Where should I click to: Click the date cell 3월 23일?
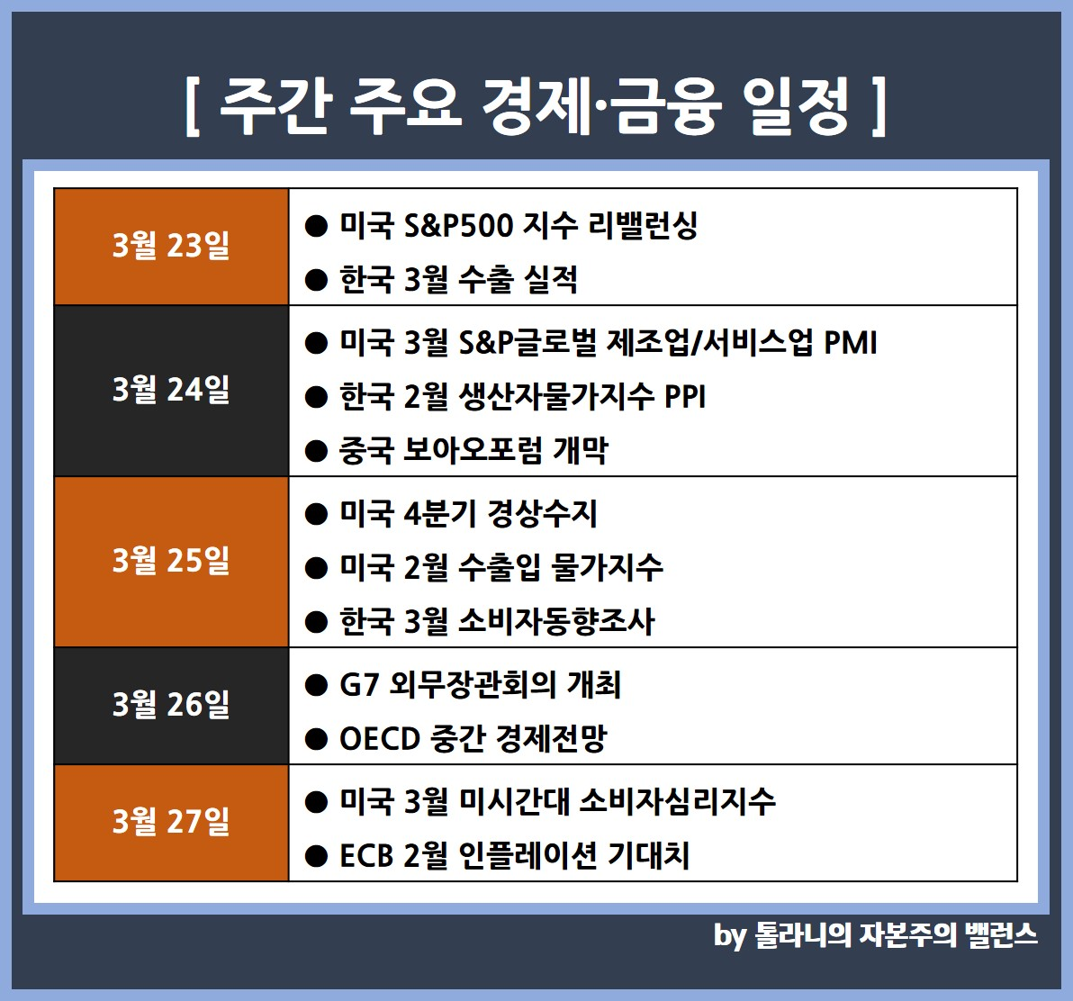point(171,247)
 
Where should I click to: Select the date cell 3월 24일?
point(171,391)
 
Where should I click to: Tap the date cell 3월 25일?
point(171,562)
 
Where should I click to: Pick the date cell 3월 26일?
point(171,706)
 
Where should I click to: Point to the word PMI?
point(850,343)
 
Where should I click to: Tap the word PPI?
point(684,397)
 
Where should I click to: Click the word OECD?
point(380,739)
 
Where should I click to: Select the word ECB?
point(365,856)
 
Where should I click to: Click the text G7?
point(359,685)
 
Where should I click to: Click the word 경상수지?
point(542,514)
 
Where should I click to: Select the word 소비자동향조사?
point(556,621)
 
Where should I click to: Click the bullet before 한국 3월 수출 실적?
point(316,280)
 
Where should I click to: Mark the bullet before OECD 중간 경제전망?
point(316,739)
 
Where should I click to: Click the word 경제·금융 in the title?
point(601,107)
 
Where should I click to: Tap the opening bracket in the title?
point(193,107)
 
